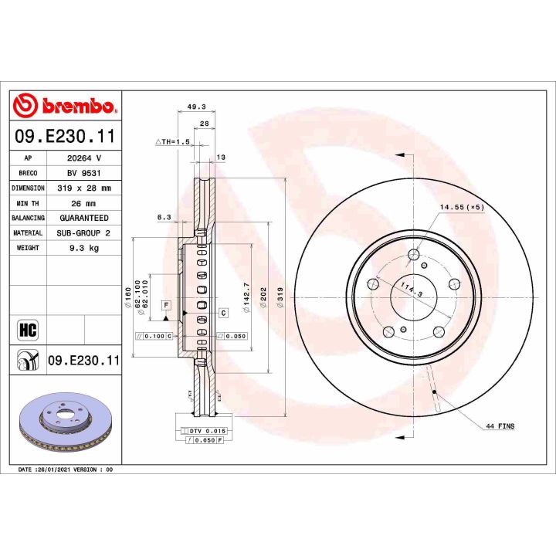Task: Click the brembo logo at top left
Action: coord(66,105)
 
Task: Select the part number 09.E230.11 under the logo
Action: coord(66,137)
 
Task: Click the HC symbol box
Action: coord(26,329)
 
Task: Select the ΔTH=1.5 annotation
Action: coord(172,143)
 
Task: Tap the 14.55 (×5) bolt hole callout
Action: coord(461,208)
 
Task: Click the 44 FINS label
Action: coord(500,425)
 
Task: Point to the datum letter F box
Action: coord(165,306)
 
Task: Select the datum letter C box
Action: coord(222,313)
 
